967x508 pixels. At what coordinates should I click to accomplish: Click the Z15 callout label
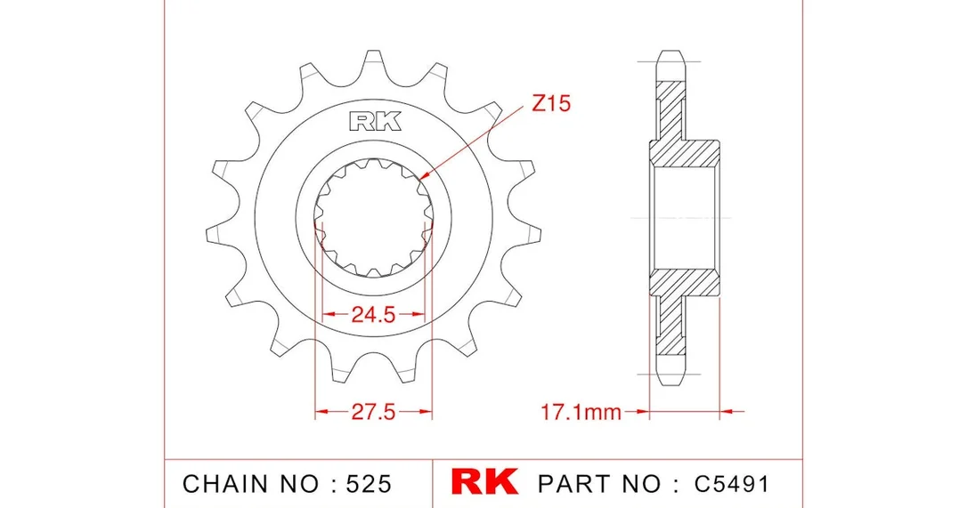click(x=550, y=103)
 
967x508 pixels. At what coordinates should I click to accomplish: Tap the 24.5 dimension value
click(x=373, y=314)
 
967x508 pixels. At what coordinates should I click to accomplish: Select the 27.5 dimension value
click(x=373, y=411)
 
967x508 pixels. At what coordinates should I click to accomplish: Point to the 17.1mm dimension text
click(x=581, y=411)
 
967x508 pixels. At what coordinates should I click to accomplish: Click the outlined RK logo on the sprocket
click(x=375, y=122)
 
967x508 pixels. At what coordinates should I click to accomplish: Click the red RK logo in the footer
click(x=484, y=482)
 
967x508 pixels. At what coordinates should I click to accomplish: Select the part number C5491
click(x=732, y=484)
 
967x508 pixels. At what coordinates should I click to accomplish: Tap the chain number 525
click(x=369, y=484)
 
